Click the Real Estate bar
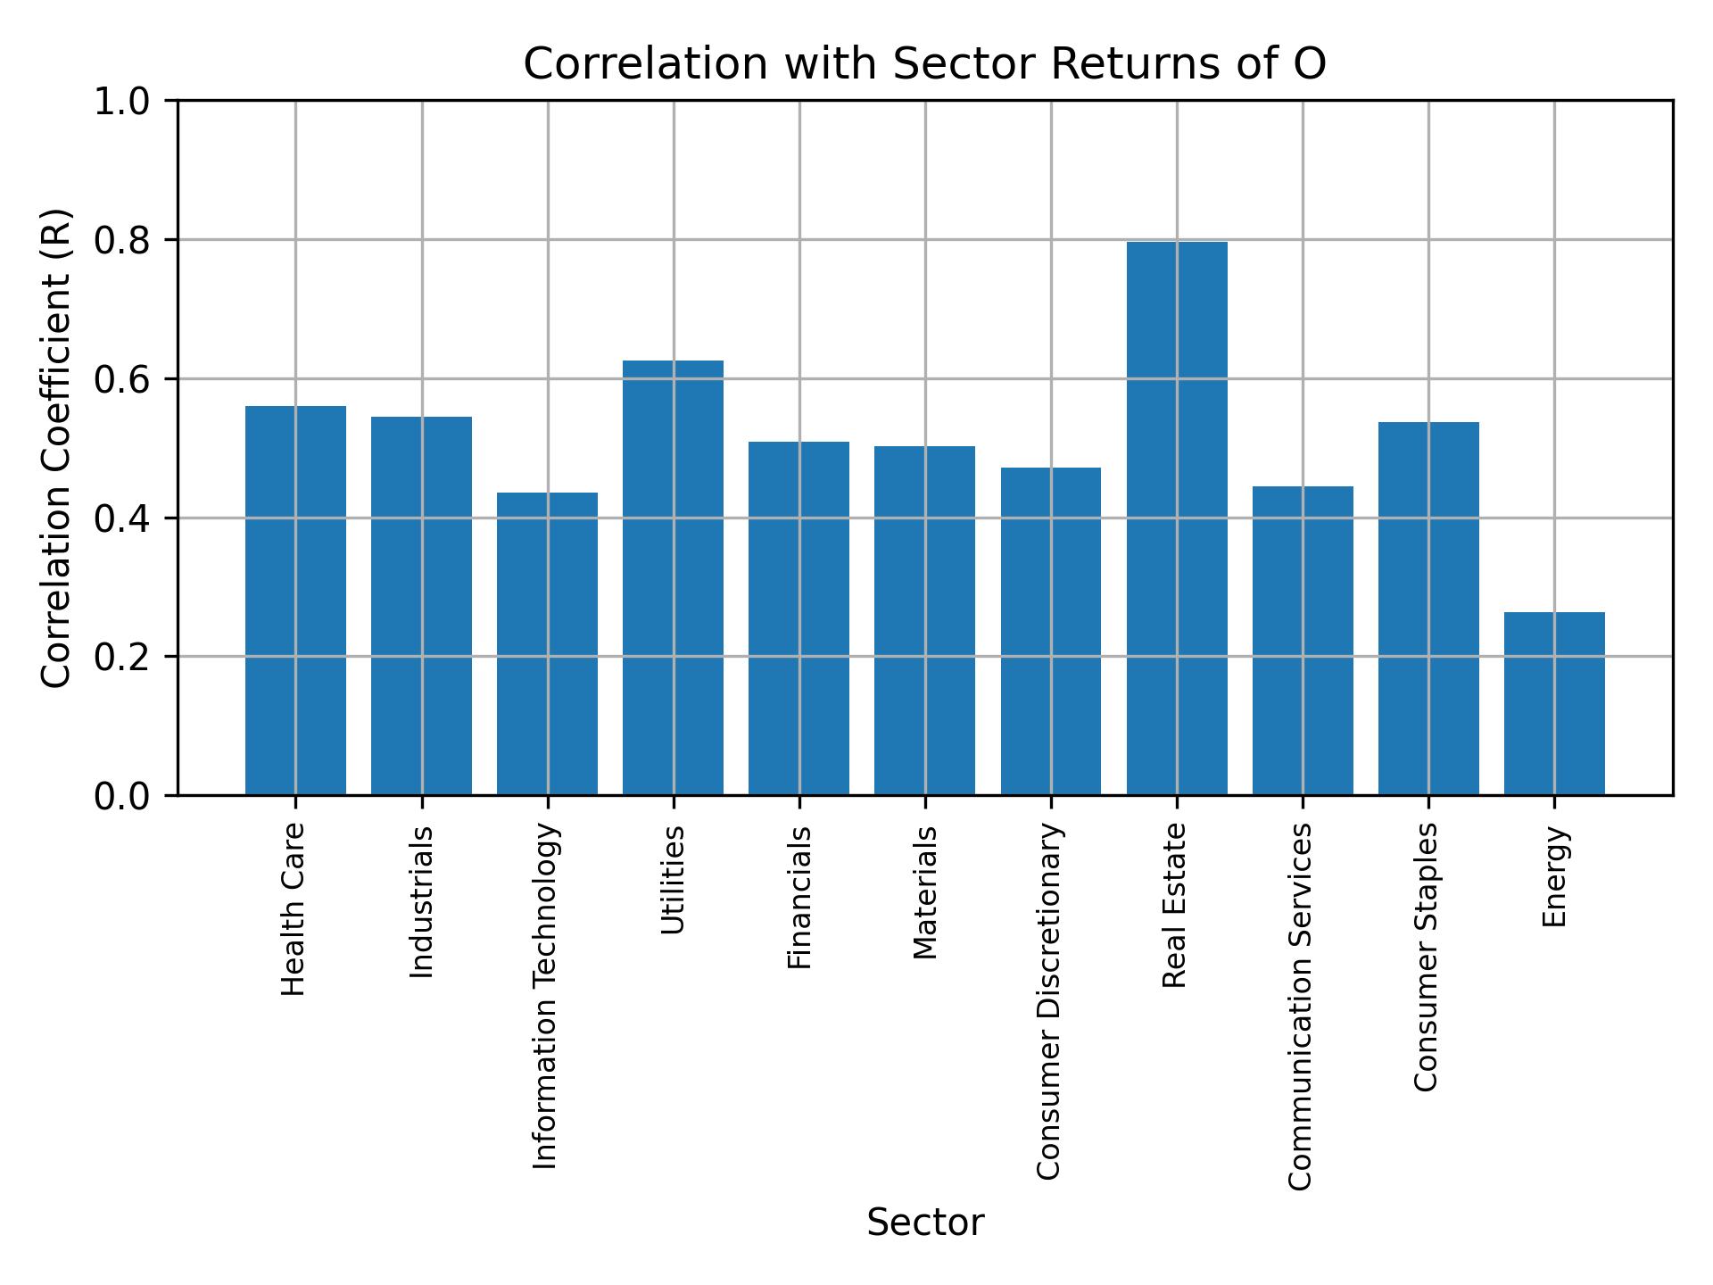1176,518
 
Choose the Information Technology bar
547,643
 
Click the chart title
924,64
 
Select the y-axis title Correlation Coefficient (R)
56,448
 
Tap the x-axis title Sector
924,1223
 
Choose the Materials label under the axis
925,892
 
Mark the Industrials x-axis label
421,901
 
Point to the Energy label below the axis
1554,876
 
